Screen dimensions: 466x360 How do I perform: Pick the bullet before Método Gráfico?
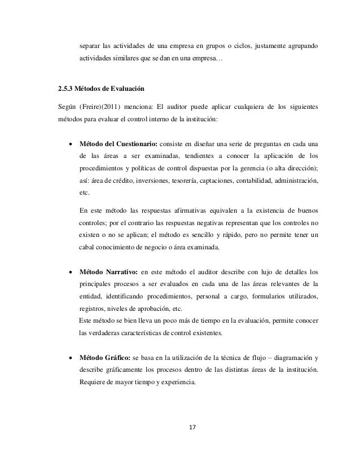pos(70,358)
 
